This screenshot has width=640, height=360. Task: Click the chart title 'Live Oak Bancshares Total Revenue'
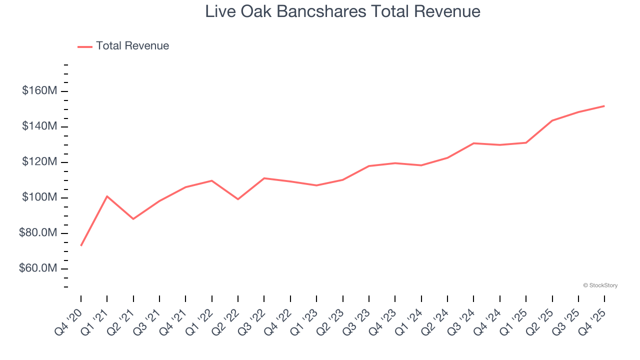pyautogui.click(x=342, y=11)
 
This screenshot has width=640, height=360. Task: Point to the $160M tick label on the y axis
pyautogui.click(x=39, y=91)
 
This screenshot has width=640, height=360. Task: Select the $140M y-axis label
pyautogui.click(x=39, y=126)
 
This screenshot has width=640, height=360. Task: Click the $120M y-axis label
pyautogui.click(x=39, y=162)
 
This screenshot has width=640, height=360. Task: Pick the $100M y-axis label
pyautogui.click(x=39, y=197)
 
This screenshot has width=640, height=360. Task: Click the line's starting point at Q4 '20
pyautogui.click(x=81, y=245)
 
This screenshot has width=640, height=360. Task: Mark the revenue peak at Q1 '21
pyautogui.click(x=107, y=196)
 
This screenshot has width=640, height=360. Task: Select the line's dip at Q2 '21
pyautogui.click(x=133, y=219)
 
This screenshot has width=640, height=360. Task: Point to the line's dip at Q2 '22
pyautogui.click(x=238, y=199)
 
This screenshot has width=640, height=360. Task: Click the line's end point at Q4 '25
pyautogui.click(x=604, y=106)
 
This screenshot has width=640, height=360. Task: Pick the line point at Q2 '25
pyautogui.click(x=552, y=120)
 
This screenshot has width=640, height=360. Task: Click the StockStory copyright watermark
pyautogui.click(x=600, y=285)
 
